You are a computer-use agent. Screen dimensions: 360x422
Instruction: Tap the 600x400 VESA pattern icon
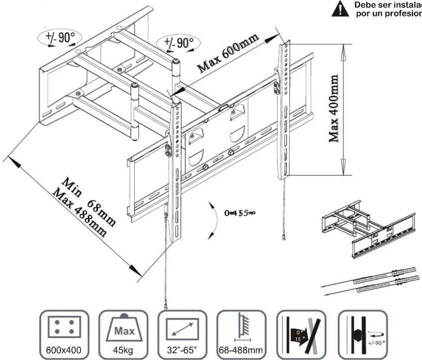point(64,334)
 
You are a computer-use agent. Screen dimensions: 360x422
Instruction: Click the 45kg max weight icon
point(123,334)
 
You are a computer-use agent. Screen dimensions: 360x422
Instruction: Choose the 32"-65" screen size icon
point(182,334)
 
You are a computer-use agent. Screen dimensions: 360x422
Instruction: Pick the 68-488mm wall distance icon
point(241,334)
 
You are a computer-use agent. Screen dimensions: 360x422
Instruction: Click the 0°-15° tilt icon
point(300,334)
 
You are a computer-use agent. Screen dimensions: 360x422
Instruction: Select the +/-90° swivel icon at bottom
point(363,334)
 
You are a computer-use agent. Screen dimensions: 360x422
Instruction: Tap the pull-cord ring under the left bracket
point(166,306)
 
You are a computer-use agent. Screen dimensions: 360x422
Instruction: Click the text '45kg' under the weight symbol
point(123,350)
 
